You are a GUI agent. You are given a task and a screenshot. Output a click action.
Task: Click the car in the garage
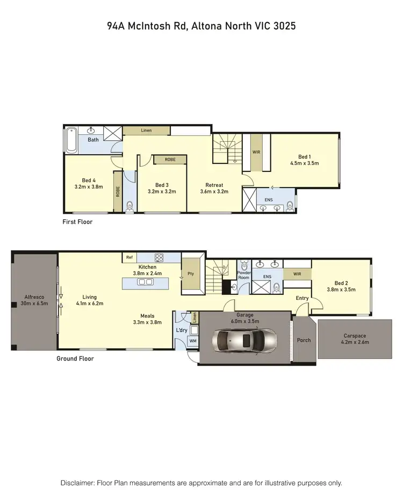tap(245, 339)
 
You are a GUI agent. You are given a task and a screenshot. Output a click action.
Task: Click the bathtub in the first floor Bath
tap(72, 140)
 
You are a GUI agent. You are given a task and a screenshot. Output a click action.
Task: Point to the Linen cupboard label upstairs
tap(146, 131)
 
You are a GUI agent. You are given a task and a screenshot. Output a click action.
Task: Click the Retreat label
tap(214, 185)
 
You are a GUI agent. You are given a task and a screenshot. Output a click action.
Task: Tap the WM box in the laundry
tap(192, 341)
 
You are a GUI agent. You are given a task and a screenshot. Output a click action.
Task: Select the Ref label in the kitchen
tap(129, 257)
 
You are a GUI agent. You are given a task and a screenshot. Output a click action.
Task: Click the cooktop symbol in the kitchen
tap(159, 257)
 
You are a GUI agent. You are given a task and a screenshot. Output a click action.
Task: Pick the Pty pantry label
tap(190, 273)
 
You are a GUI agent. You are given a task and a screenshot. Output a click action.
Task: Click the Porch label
tap(304, 339)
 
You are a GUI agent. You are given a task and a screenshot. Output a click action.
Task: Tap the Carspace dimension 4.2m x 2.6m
tap(356, 342)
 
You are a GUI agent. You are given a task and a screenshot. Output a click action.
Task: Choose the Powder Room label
tap(244, 275)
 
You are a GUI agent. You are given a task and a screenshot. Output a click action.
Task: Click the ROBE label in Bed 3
tap(170, 160)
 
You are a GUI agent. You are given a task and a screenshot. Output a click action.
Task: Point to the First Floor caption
tap(78, 222)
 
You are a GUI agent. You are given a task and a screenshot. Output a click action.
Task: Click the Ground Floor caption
tap(75, 358)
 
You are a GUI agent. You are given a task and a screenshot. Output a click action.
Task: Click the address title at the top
tap(201, 25)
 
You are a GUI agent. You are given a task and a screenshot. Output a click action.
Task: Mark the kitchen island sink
tap(145, 283)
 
